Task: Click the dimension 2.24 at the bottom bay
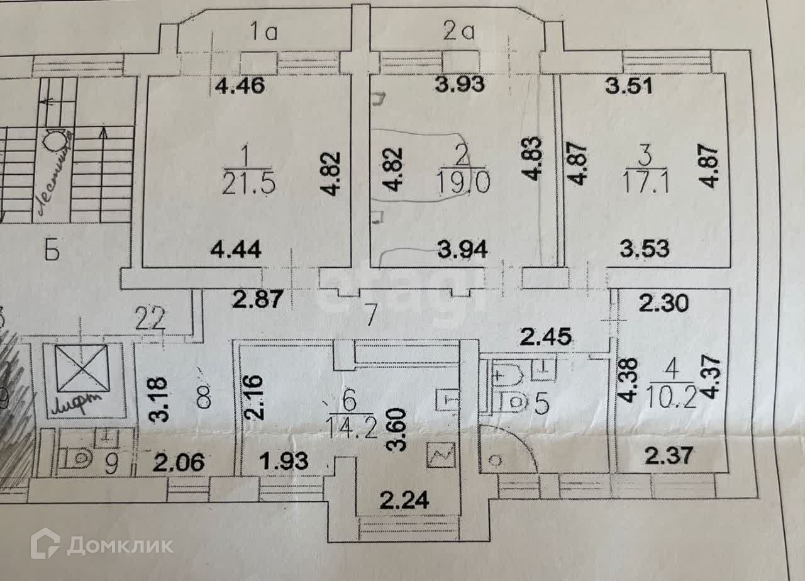click(x=405, y=501)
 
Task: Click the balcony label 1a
click(x=265, y=31)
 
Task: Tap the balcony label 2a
click(x=458, y=31)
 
